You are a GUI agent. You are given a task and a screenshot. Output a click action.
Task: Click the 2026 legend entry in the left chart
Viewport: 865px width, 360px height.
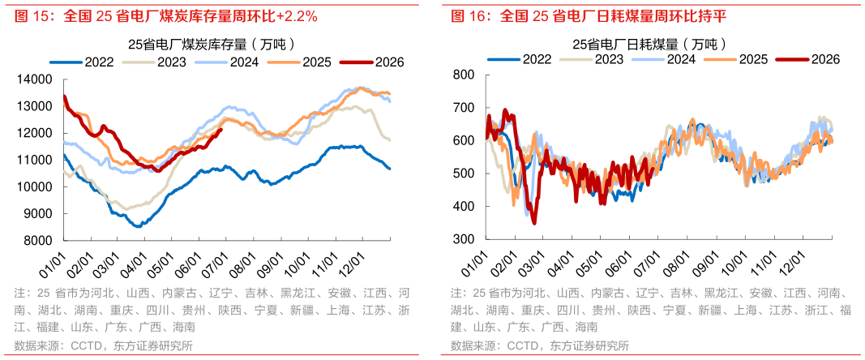point(372,62)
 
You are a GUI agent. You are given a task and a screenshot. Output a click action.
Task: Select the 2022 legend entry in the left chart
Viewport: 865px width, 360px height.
point(82,62)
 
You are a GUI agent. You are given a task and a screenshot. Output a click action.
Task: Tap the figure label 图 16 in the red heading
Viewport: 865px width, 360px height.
point(467,16)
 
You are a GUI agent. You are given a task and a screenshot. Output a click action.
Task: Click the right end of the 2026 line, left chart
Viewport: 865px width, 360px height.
point(221,130)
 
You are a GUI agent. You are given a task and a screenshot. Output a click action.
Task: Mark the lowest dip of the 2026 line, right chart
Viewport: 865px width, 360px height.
point(533,223)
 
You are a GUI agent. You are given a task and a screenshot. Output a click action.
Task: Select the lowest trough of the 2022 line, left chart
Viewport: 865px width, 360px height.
point(138,226)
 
